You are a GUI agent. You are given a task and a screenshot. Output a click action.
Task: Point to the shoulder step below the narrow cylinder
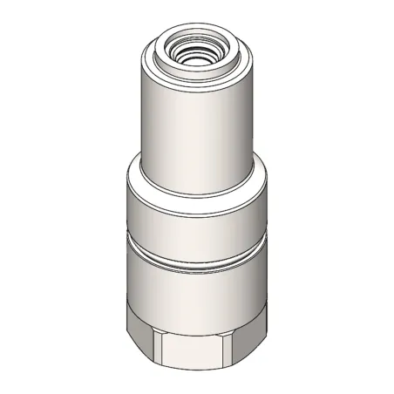196,180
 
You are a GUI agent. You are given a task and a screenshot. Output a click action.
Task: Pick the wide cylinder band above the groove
196,214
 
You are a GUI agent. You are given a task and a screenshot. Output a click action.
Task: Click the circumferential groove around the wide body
196,258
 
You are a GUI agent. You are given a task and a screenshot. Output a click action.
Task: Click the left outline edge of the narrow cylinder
140,113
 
